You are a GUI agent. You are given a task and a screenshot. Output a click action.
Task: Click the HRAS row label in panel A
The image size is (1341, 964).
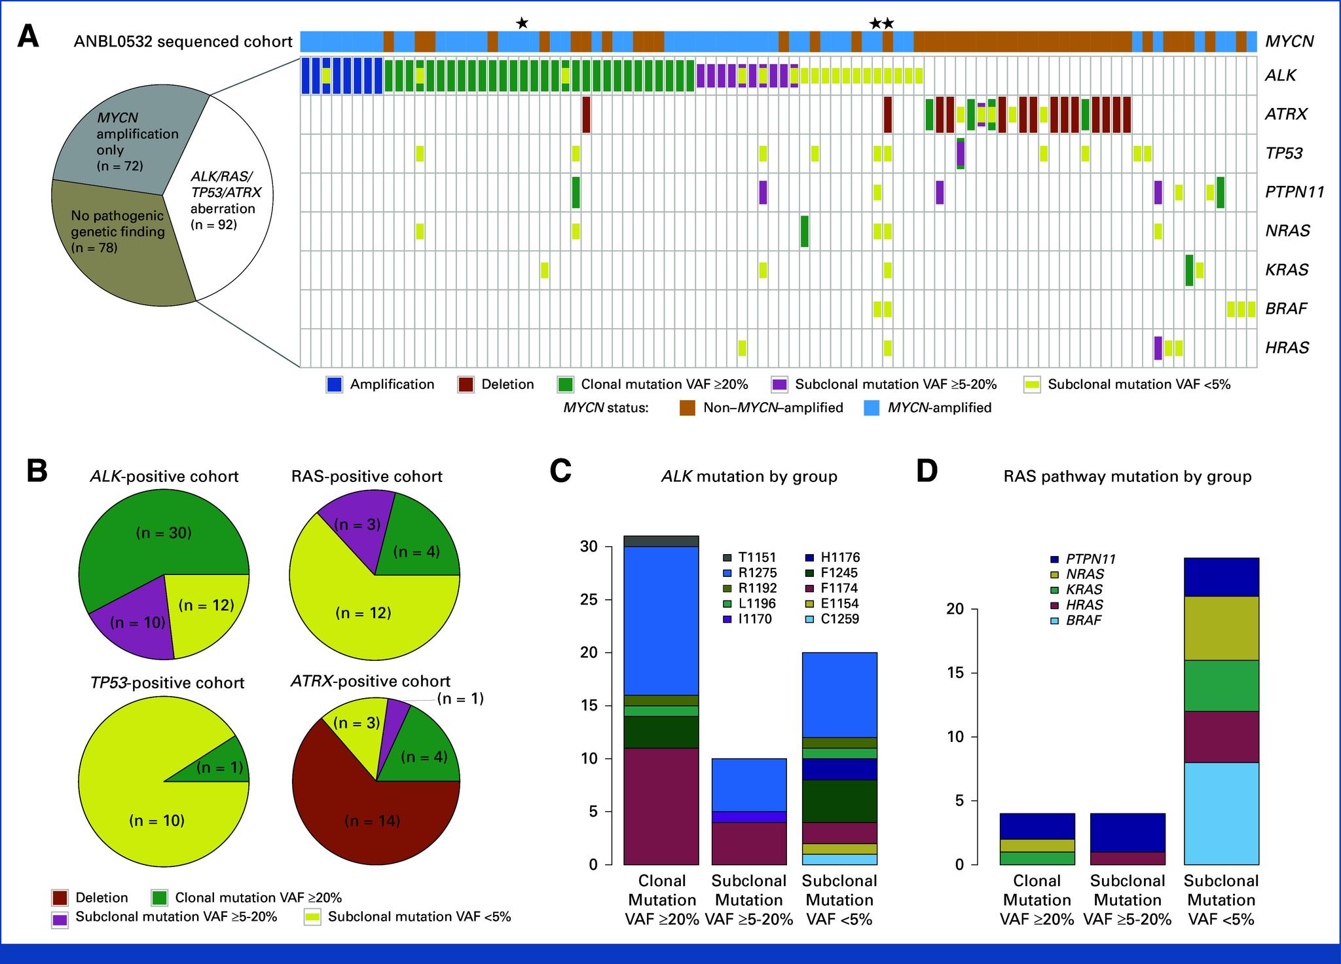click(1287, 348)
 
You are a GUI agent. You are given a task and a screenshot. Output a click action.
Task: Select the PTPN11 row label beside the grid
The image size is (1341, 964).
click(1295, 192)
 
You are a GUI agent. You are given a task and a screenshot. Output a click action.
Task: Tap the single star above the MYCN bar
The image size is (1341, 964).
click(522, 24)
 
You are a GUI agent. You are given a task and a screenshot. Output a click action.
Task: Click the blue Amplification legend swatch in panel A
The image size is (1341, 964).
click(335, 384)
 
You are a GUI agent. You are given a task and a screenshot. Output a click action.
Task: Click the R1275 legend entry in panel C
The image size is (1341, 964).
click(756, 573)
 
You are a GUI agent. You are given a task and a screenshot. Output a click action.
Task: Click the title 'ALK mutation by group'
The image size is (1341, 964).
click(749, 476)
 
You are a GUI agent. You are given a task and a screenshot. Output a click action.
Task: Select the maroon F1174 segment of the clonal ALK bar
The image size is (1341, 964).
click(661, 806)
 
